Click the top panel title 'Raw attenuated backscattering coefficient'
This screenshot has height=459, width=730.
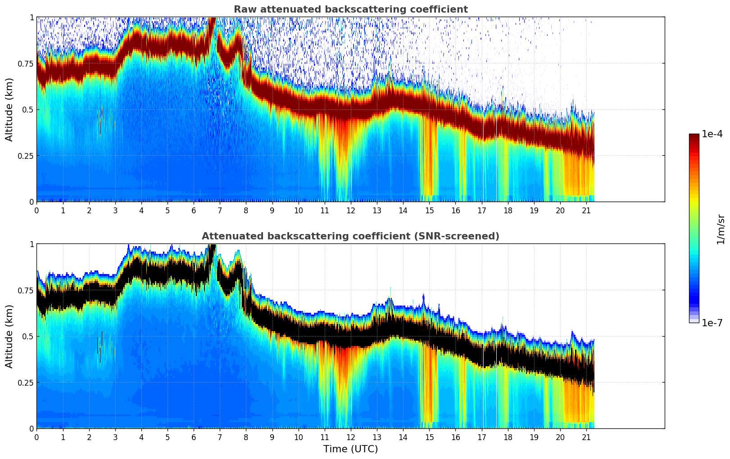350,9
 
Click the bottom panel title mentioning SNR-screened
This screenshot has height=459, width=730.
350,236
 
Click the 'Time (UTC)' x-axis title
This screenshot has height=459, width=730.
350,449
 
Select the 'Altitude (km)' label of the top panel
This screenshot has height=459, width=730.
9,109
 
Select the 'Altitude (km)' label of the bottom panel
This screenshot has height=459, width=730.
9,336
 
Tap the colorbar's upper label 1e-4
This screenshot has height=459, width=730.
712,134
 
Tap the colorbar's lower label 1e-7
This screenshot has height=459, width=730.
712,323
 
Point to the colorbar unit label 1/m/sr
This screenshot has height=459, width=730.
721,229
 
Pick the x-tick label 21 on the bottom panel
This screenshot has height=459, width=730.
586,437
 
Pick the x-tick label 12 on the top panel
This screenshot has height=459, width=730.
351,210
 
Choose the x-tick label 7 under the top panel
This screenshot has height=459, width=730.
220,210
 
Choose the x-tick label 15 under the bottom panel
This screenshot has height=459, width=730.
429,437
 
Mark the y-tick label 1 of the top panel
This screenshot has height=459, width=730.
32,17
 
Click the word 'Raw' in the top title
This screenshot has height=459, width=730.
244,9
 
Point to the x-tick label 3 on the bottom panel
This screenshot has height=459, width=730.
115,437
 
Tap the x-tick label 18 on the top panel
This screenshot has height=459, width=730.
508,210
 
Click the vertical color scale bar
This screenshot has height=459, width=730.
694,228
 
